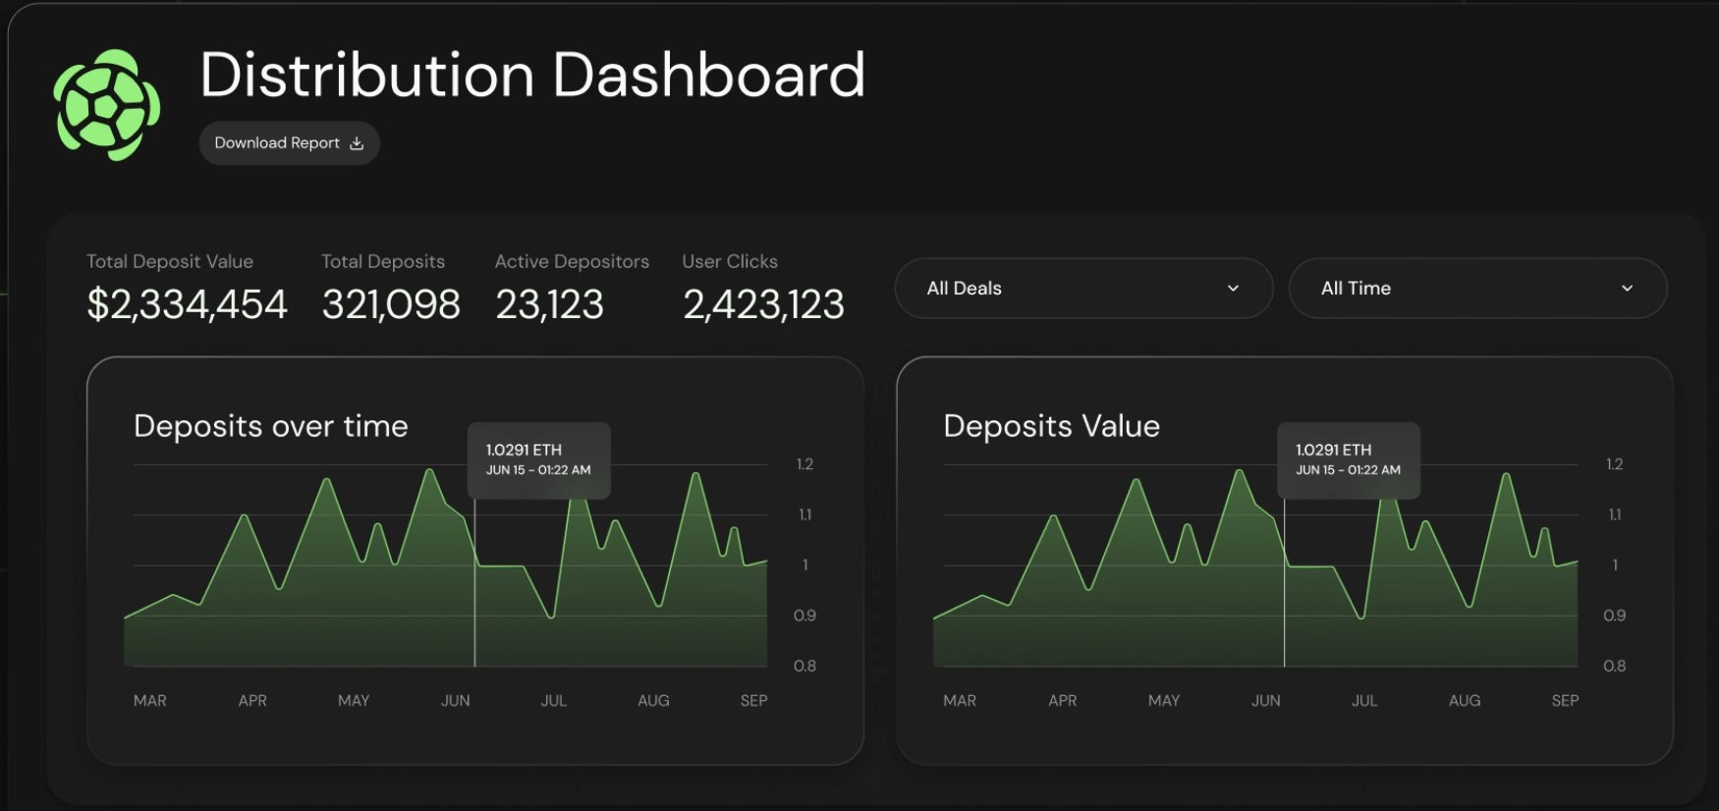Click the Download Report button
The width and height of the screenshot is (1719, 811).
coord(289,143)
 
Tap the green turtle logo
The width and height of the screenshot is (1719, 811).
coord(107,104)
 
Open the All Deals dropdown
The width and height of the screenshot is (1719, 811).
coord(1083,289)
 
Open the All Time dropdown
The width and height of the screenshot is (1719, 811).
coord(1476,289)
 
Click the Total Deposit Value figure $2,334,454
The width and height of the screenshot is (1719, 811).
coord(187,304)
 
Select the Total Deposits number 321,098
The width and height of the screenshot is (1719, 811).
coord(391,304)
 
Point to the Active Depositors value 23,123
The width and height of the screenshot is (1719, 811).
coord(549,304)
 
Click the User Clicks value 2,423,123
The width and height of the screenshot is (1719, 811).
coord(763,304)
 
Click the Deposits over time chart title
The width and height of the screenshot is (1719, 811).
coord(271,426)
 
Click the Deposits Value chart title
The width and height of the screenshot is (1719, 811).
coord(1051,426)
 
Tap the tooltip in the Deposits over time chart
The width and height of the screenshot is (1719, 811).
coord(538,460)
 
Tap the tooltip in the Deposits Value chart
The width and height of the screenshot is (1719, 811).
coord(1348,460)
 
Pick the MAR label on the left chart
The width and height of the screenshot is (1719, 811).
coord(150,700)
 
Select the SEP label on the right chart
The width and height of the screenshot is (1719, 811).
coord(1565,700)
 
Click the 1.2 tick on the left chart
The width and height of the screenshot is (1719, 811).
coord(804,464)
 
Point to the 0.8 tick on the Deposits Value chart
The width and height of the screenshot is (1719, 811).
coord(1614,666)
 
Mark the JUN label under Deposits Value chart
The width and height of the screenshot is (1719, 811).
coord(1265,700)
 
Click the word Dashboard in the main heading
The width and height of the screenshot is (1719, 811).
coord(708,76)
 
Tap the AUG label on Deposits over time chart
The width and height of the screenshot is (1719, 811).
coord(653,700)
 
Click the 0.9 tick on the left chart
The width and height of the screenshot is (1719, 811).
coord(804,616)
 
